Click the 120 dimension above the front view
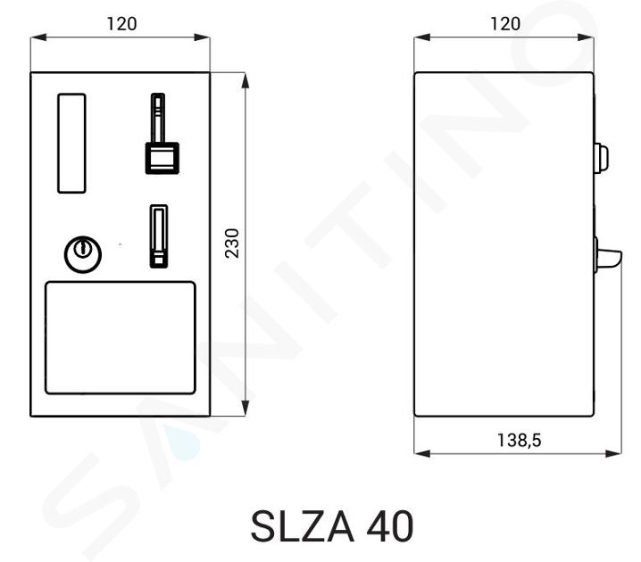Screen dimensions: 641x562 point(121,24)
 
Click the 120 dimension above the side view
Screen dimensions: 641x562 point(505,24)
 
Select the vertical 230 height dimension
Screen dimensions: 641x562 point(232,244)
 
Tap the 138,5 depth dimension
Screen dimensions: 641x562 point(519,441)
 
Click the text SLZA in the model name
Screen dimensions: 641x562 point(302,527)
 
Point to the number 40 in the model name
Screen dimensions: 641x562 point(390,527)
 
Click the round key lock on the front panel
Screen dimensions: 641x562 point(83,254)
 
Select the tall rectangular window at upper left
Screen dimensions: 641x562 point(71,143)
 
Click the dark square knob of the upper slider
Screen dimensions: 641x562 point(162,158)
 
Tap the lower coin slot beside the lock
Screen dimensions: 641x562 point(159,236)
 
